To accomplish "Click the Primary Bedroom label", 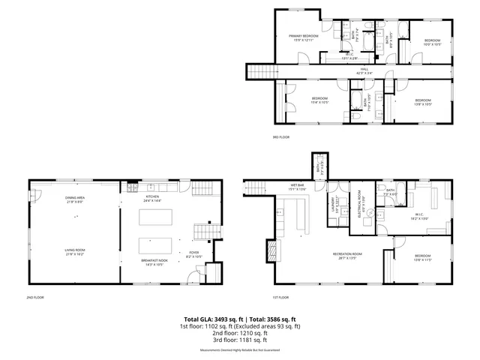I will pos(305,37).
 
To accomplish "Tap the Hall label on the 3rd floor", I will pos(364,70).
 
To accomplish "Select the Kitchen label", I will pos(153,198).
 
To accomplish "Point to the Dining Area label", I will pos(74,199).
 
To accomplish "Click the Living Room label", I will pos(74,252).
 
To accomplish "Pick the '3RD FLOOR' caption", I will pos(280,137).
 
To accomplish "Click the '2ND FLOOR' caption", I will pos(34,298).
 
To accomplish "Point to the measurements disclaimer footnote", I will pos(240,350).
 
